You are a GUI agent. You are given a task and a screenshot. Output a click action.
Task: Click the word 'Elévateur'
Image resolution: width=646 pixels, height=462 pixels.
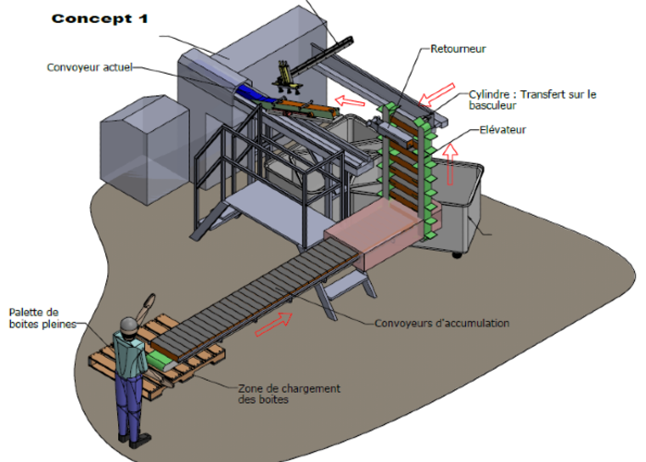503,130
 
